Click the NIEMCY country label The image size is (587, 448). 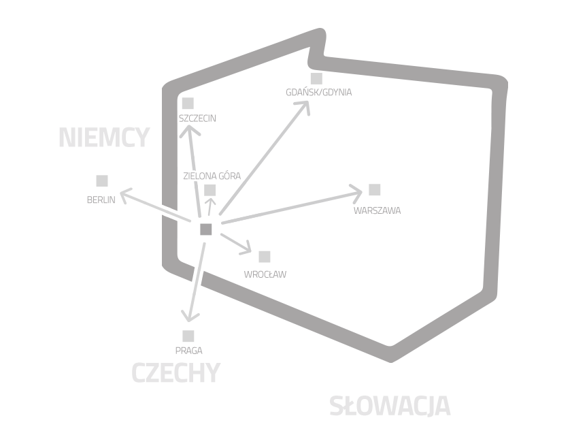[x=105, y=138]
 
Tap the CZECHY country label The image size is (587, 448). [x=176, y=372]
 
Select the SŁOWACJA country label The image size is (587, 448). [x=390, y=406]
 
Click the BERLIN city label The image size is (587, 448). [x=101, y=200]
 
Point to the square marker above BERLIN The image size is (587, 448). [x=102, y=180]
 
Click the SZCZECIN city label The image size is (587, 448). [x=197, y=118]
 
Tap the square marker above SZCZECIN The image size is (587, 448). [x=188, y=103]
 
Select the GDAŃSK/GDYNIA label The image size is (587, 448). [x=318, y=92]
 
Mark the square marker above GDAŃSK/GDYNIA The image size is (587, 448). [x=316, y=78]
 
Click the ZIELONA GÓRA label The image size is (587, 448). [x=212, y=176]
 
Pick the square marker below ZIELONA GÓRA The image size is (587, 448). [x=210, y=190]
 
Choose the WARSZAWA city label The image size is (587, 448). [x=377, y=210]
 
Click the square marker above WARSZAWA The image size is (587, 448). [x=374, y=189]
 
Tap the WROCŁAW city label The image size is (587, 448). [x=265, y=274]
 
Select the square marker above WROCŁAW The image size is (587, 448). [x=265, y=257]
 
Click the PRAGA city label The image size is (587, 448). [x=188, y=351]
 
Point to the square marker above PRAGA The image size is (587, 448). [x=188, y=336]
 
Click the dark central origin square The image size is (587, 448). [x=206, y=229]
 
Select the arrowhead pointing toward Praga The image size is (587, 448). [x=190, y=317]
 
